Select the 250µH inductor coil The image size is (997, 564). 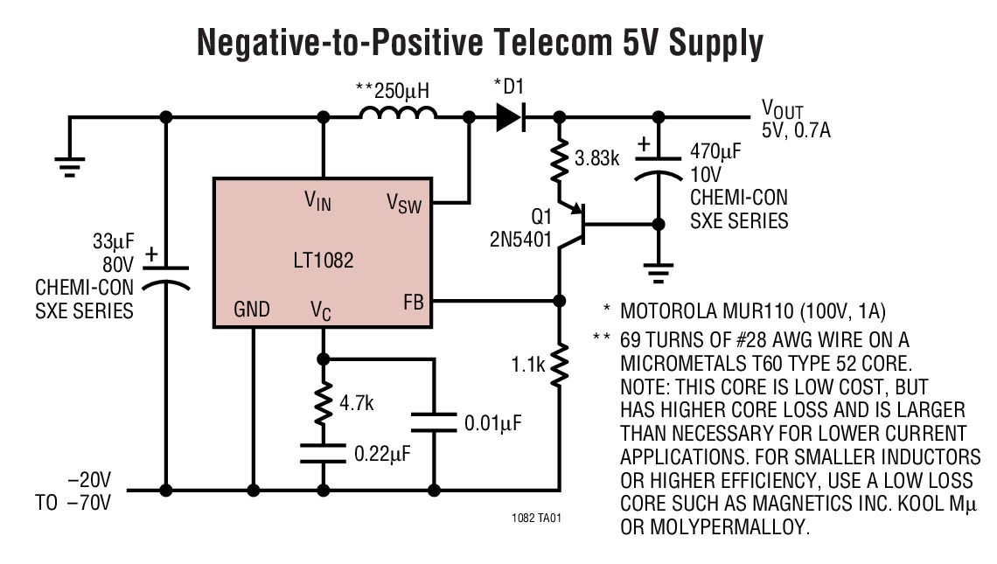(x=398, y=114)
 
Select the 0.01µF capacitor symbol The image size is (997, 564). (x=434, y=423)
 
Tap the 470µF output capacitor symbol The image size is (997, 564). (x=658, y=165)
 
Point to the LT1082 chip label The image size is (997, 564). (x=324, y=261)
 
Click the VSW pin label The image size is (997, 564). (x=404, y=204)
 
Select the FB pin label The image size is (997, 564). (x=413, y=303)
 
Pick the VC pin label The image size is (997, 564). (x=320, y=310)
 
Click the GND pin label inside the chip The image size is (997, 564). (x=252, y=310)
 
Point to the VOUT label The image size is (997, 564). (x=781, y=108)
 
